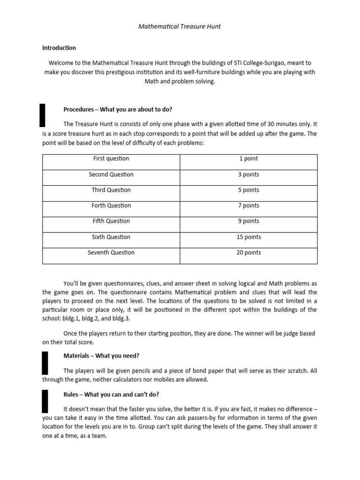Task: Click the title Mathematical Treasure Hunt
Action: point(180,27)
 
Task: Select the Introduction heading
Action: point(59,48)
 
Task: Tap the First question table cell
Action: point(111,159)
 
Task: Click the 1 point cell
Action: point(248,159)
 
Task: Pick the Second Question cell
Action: point(111,174)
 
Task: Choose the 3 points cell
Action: point(248,174)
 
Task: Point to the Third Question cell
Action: point(111,190)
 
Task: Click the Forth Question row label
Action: point(111,206)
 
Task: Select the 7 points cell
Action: point(248,206)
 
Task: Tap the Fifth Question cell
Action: point(111,221)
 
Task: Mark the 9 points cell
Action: point(248,221)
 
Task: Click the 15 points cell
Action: point(248,237)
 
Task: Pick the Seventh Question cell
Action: point(111,253)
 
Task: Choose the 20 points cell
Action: point(248,253)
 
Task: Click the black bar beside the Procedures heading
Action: point(42,115)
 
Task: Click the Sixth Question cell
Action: point(111,237)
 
